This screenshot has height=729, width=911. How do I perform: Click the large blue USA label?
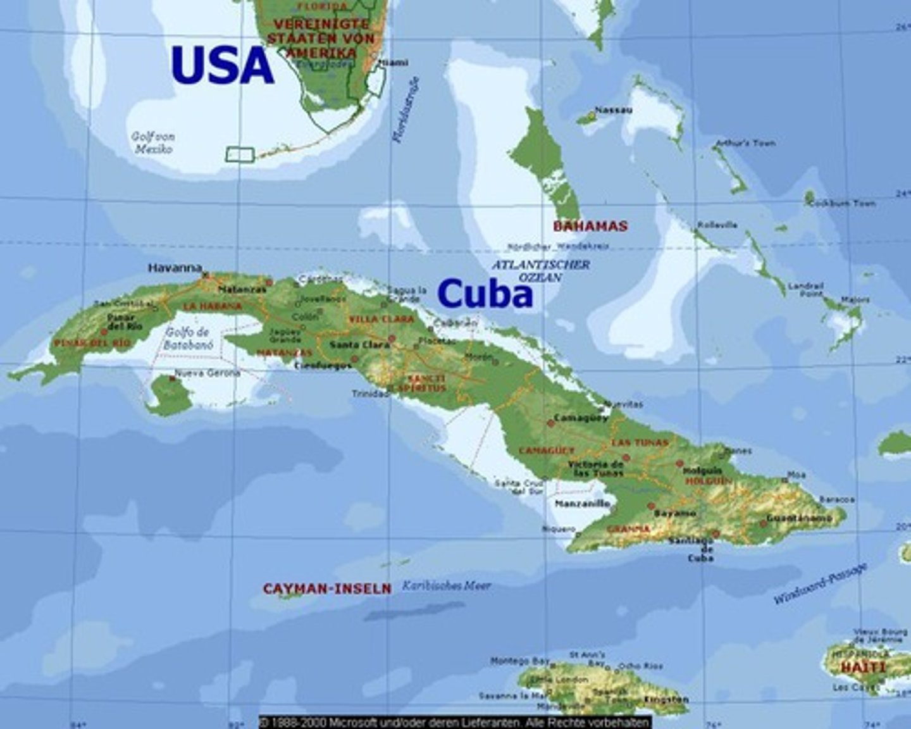[x=222, y=65]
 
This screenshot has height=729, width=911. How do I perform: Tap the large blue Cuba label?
[x=485, y=294]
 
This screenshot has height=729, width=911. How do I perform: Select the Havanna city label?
[x=175, y=268]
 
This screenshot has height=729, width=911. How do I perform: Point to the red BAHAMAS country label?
[x=590, y=226]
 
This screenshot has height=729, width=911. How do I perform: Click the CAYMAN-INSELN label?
[x=327, y=589]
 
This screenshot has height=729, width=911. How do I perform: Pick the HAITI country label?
[x=864, y=667]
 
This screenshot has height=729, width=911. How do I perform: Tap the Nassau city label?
[x=613, y=110]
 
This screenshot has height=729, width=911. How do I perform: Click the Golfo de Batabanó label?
[x=188, y=339]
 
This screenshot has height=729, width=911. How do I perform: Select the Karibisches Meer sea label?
[x=447, y=586]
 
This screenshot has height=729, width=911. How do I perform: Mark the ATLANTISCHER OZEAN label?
[x=540, y=270]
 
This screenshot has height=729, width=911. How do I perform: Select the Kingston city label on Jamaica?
[x=666, y=699]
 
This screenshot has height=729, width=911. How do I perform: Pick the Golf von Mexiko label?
[x=153, y=142]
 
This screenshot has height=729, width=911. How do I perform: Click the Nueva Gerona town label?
[x=207, y=373]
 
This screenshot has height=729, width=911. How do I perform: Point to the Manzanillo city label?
[x=582, y=504]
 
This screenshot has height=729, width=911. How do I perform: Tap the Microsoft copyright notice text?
[x=454, y=722]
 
